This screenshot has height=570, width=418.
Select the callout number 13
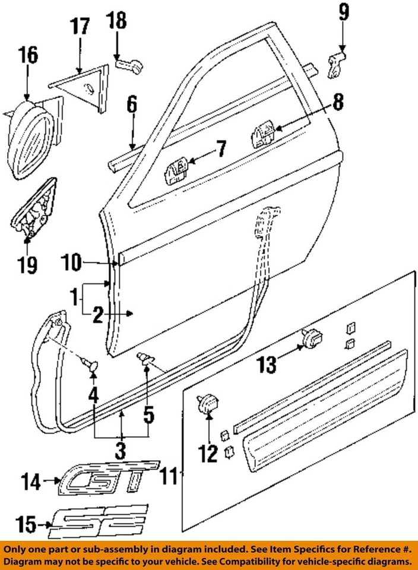click(267, 365)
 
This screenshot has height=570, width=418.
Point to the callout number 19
click(28, 264)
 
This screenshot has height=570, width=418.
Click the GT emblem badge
click(110, 477)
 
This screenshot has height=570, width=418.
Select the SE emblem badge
click(98, 520)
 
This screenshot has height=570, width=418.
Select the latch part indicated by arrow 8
click(262, 135)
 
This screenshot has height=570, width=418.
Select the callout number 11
click(170, 475)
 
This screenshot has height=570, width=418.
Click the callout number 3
click(121, 452)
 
